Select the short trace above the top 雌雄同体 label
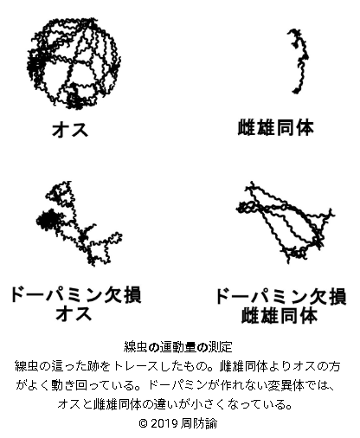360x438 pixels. click(x=298, y=61)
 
